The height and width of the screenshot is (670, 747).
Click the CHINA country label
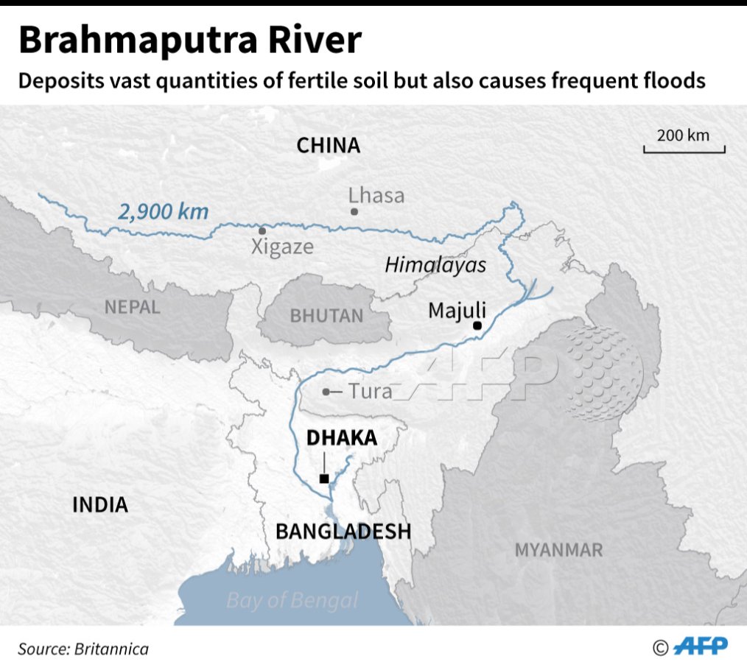click(328, 146)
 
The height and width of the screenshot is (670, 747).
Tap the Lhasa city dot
click(354, 211)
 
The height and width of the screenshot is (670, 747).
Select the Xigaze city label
click(282, 247)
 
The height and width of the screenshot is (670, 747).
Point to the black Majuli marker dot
click(477, 325)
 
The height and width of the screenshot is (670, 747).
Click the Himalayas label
click(435, 265)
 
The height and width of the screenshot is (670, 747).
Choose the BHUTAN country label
click(326, 316)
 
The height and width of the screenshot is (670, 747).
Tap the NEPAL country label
click(132, 307)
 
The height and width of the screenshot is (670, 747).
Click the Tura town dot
click(326, 392)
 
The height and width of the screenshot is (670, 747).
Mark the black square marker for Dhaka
click(324, 479)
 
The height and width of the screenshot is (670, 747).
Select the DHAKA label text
click(342, 438)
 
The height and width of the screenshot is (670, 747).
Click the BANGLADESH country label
click(343, 531)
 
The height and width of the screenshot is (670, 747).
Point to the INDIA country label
click(100, 504)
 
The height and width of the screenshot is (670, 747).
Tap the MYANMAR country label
click(558, 549)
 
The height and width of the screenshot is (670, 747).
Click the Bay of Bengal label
click(292, 600)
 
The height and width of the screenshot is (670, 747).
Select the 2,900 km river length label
click(164, 212)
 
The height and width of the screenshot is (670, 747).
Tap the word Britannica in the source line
click(110, 649)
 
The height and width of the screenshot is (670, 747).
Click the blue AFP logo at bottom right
click(701, 646)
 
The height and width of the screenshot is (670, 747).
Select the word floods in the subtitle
click(670, 80)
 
